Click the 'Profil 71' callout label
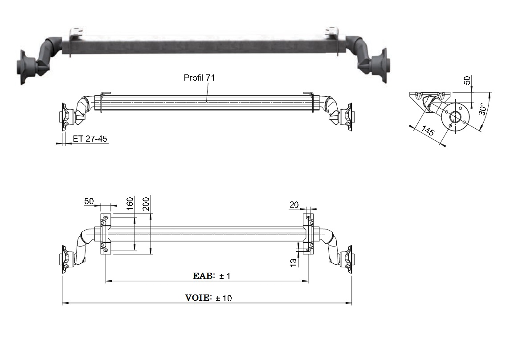coord(199,78)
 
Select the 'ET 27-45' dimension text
coord(90,139)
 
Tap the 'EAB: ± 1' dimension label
coord(212,276)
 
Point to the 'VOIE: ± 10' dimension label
coord(208,298)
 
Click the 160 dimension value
coord(130,204)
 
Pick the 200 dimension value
coord(146,204)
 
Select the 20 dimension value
coord(294,205)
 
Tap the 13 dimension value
coord(294,262)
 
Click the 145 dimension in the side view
coord(428,131)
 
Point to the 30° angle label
coord(483,109)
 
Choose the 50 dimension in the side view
coord(467,80)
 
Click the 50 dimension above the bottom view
coord(89,201)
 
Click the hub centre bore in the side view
coord(455,117)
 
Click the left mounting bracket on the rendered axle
coord(77,32)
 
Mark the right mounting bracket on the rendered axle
coord(332,32)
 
